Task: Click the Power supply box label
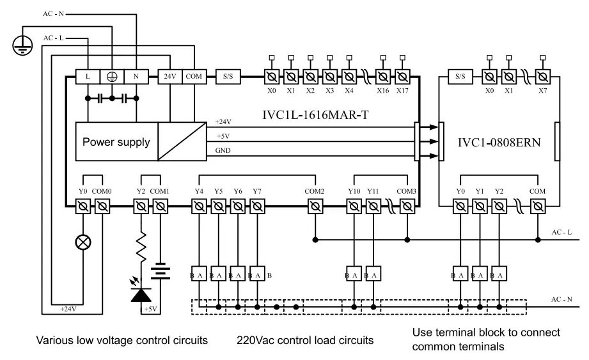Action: pos(116,141)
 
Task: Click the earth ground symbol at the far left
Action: pos(22,43)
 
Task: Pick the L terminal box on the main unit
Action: pos(87,76)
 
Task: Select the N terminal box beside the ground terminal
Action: pos(136,76)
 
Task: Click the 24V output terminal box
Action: pos(169,76)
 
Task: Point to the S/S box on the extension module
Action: pos(460,76)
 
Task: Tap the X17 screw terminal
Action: pos(402,77)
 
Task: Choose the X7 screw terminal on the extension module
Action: pos(543,77)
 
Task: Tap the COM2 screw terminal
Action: pos(315,206)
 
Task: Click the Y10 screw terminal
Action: pos(354,206)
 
